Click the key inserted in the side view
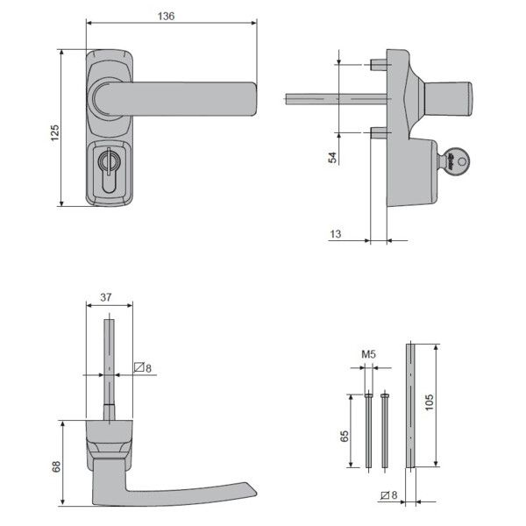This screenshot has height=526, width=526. (x=454, y=160)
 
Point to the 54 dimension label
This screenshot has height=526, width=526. (x=332, y=157)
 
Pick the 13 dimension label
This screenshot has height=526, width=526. (x=337, y=233)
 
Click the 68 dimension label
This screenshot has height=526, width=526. (x=54, y=467)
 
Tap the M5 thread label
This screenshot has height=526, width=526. (x=369, y=354)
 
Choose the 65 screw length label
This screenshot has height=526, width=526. (x=345, y=436)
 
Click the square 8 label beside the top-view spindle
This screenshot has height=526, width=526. (x=142, y=367)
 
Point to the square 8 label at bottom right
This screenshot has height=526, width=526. (x=390, y=497)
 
